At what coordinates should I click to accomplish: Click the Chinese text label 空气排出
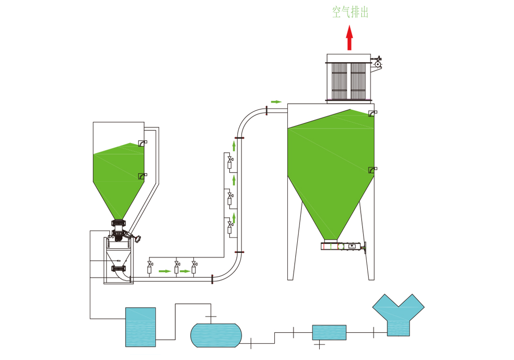tap(350, 13)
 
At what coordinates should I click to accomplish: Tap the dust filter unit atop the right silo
tap(349, 78)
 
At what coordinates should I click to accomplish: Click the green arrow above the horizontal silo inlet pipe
tap(276, 101)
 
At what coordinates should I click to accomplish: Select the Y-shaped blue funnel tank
tap(398, 315)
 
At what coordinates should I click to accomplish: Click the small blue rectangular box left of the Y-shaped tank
tap(329, 332)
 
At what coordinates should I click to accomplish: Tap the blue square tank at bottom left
tap(140, 327)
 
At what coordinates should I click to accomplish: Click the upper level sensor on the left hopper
tap(143, 143)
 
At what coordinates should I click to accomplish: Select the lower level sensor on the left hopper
tap(143, 175)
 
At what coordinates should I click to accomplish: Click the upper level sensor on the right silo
tap(372, 113)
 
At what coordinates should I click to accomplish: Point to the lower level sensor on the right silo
tap(372, 170)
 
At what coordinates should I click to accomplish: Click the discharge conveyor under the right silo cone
tap(343, 246)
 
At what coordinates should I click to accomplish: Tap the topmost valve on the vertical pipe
tap(229, 162)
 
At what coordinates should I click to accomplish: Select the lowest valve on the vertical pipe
tap(229, 226)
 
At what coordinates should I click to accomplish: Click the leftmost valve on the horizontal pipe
tap(150, 266)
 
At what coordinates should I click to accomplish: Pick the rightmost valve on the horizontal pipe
tap(193, 266)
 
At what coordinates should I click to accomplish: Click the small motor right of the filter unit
tap(378, 63)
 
